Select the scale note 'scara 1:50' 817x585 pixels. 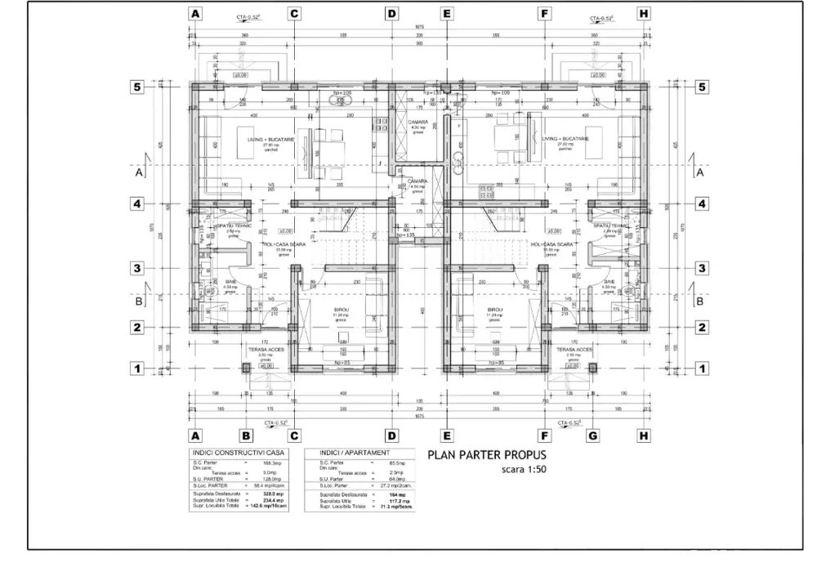click(x=522, y=471)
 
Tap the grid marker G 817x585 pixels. click(x=593, y=435)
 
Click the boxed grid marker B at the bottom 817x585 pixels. click(x=243, y=435)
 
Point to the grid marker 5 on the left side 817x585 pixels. click(x=140, y=86)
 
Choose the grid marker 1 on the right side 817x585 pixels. click(x=701, y=368)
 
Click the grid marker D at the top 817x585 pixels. click(x=391, y=14)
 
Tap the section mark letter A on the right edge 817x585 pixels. click(x=699, y=172)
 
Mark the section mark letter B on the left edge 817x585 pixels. click(x=139, y=301)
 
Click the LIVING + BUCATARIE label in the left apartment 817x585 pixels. click(x=261, y=140)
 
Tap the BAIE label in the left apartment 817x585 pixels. click(x=231, y=282)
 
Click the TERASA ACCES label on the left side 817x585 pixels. click(x=265, y=349)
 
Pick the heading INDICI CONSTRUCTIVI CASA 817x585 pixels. click(x=238, y=453)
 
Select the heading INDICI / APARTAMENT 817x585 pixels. click(x=355, y=453)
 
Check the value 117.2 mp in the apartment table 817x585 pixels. click(x=398, y=501)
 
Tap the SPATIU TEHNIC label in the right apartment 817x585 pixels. click(x=610, y=226)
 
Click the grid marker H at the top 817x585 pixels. click(x=644, y=14)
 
